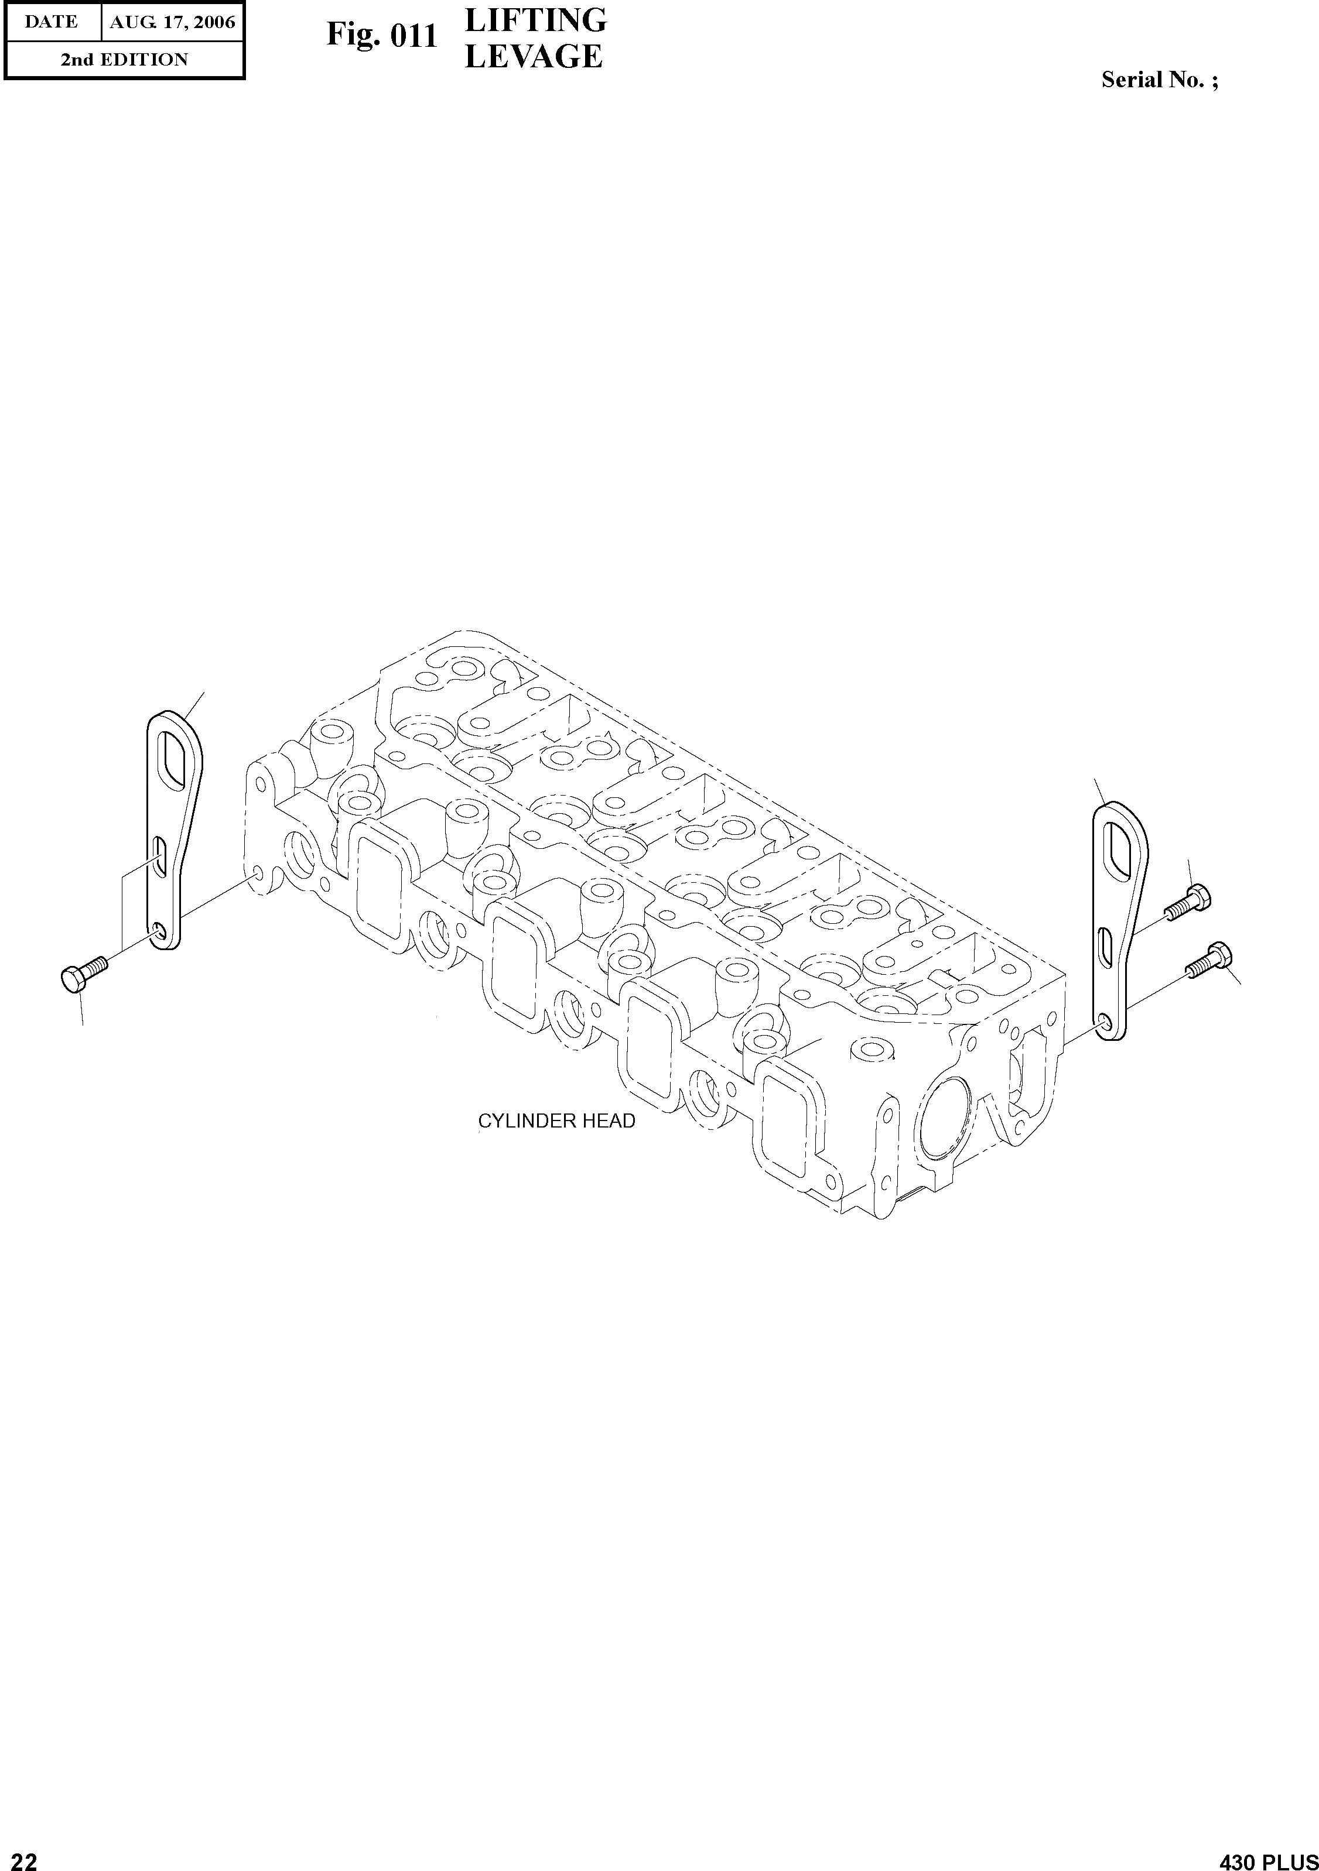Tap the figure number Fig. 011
pyautogui.click(x=382, y=36)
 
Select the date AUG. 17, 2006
pyautogui.click(x=172, y=22)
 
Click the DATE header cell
pyautogui.click(x=52, y=22)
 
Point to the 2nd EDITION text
pyautogui.click(x=124, y=60)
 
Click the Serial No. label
pyautogui.click(x=1159, y=79)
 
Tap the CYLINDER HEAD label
pyautogui.click(x=556, y=1121)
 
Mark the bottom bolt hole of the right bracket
pyautogui.click(x=1104, y=1023)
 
